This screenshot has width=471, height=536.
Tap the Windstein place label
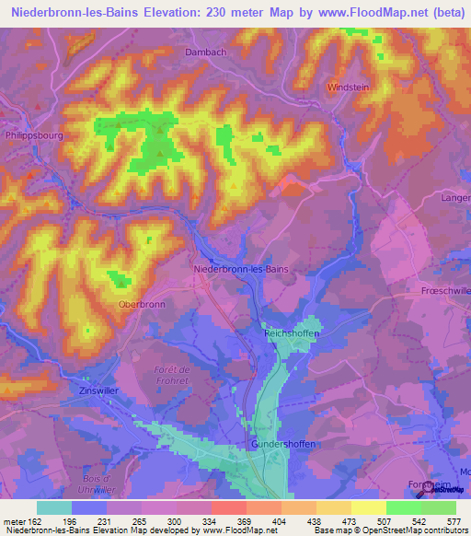(348, 87)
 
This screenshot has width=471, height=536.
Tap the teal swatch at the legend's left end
(54, 507)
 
